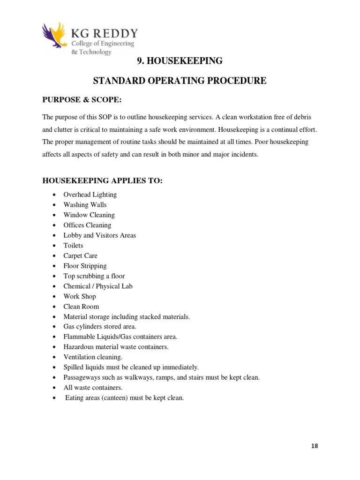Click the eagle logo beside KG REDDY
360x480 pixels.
pos(55,37)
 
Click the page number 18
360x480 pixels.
pos(314,446)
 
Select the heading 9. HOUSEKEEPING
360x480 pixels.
pos(180,61)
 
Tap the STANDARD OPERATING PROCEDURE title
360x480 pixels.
pos(180,81)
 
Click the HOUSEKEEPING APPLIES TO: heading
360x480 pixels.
pos(102,181)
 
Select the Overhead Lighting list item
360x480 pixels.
pos(90,195)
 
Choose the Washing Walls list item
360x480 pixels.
pos(85,205)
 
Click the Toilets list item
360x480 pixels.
pos(73,246)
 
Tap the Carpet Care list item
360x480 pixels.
pos(80,256)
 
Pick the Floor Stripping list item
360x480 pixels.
pos(85,266)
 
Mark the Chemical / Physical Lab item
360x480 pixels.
pos(98,286)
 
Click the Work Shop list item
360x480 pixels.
pos(80,297)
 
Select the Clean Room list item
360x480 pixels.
pos(81,307)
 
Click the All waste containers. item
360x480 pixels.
pos(93,388)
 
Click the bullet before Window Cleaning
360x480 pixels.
pos(55,215)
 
